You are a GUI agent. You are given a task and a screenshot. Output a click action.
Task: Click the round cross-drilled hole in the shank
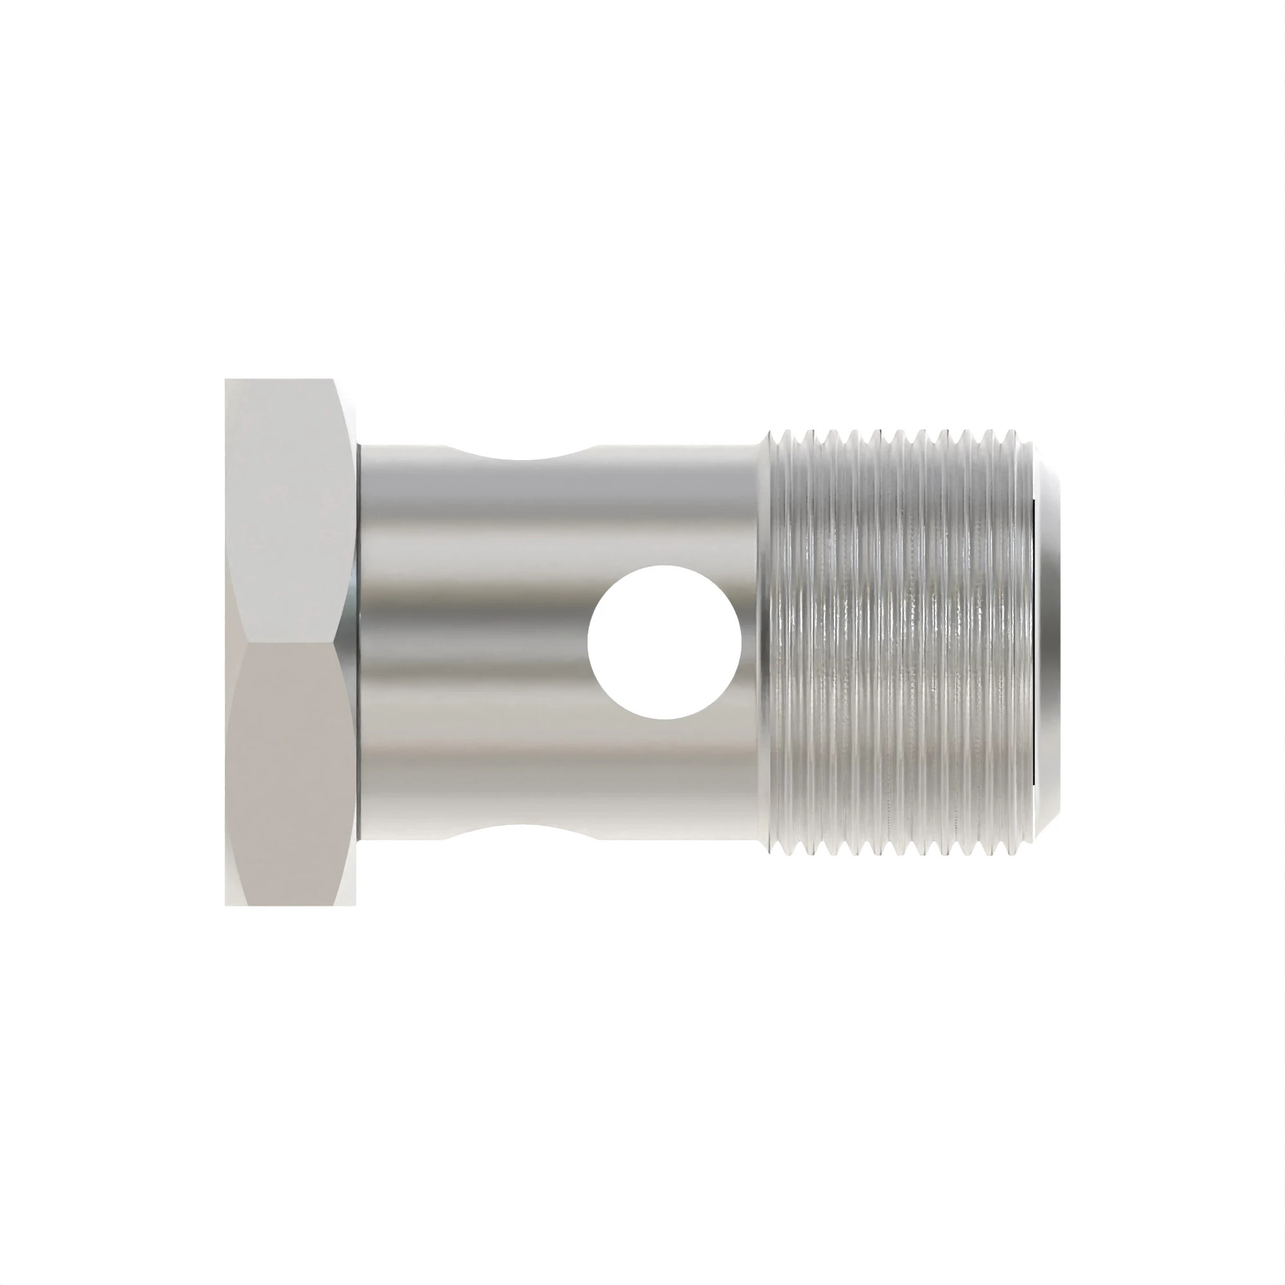664,642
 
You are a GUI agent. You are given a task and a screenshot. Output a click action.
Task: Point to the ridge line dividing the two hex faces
286,642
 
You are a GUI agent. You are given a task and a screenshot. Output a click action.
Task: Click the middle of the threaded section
898,642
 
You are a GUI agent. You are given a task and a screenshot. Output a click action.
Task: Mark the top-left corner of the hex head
226,380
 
